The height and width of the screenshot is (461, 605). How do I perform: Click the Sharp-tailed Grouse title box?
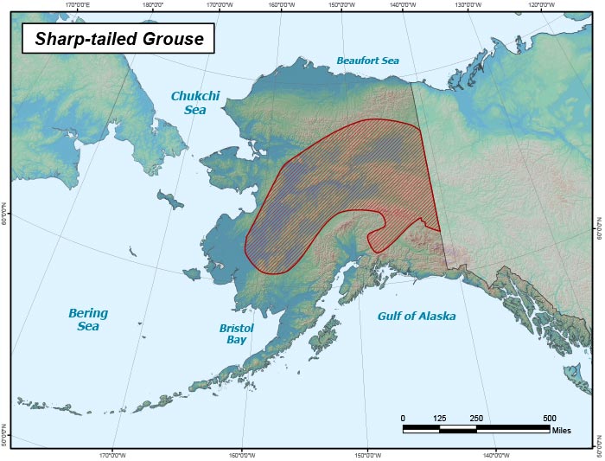[114, 39]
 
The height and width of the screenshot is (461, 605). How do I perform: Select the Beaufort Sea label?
[367, 60]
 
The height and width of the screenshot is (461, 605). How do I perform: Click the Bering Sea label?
[88, 319]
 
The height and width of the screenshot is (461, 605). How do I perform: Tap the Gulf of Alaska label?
[416, 316]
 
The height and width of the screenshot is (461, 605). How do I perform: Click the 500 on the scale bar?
[549, 418]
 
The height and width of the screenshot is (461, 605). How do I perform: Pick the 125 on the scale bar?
[439, 418]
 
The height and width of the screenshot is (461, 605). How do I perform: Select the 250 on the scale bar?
[475, 418]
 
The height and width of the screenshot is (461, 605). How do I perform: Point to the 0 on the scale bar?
[403, 418]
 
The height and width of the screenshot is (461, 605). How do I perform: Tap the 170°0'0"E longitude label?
[78, 4]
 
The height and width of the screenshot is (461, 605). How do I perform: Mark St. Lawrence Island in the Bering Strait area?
[171, 202]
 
